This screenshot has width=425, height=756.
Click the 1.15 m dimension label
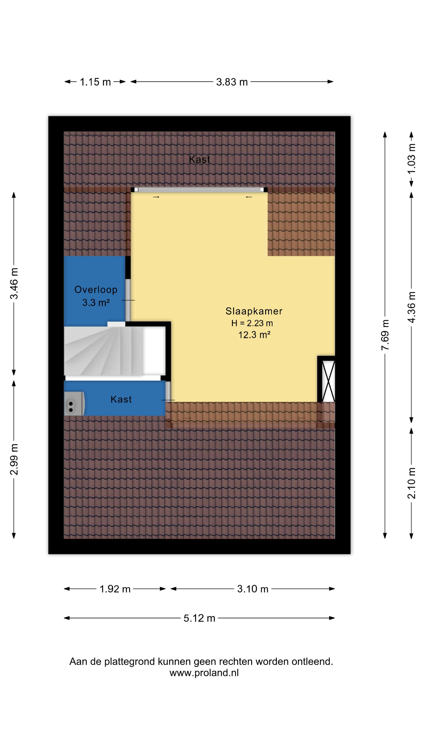click(x=95, y=82)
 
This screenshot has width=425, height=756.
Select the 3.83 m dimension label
click(x=232, y=82)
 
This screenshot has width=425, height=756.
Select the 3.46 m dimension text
click(x=14, y=283)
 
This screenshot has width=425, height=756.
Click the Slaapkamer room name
click(x=254, y=311)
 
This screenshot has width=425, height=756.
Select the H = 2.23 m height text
click(x=252, y=323)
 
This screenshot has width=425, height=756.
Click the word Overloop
click(x=96, y=290)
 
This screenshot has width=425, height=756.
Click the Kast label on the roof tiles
click(x=200, y=159)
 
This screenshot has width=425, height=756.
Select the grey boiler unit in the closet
click(x=75, y=404)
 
